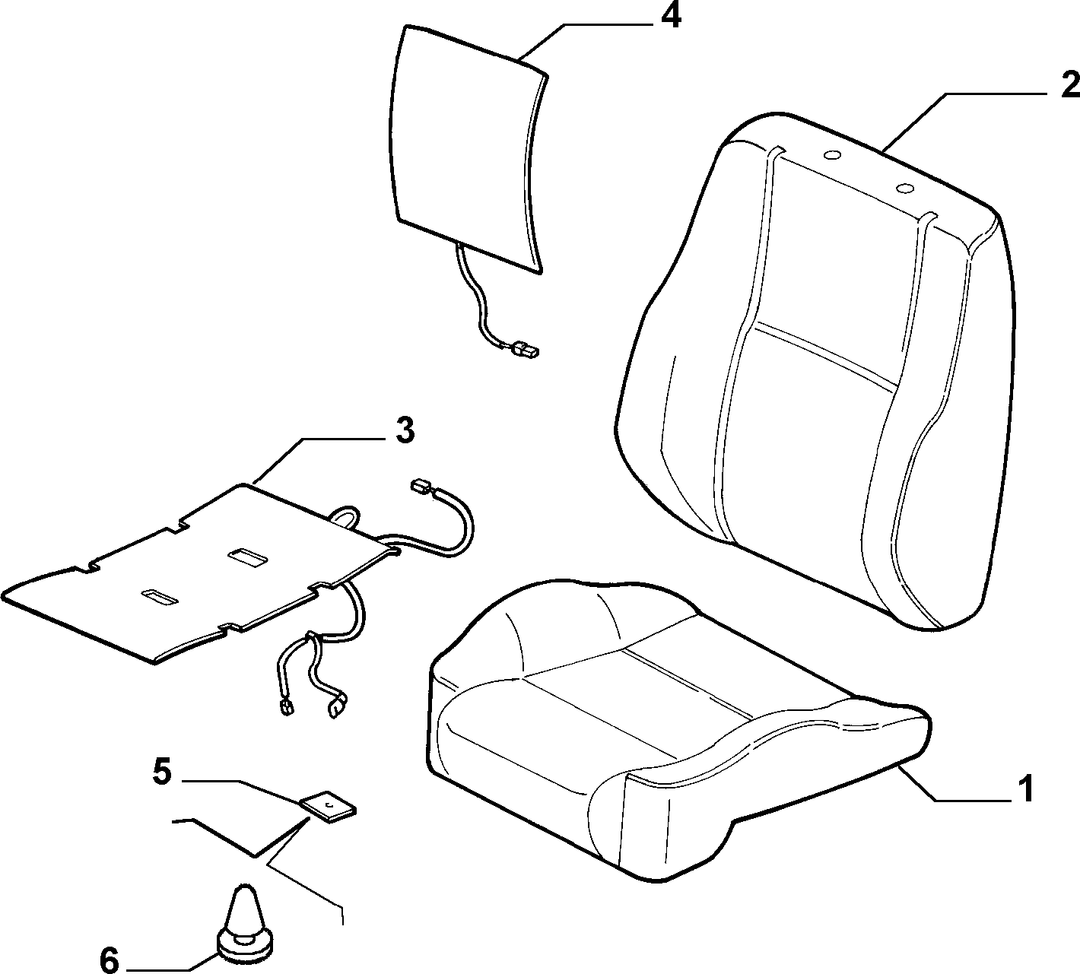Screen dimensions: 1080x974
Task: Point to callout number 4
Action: click(670, 17)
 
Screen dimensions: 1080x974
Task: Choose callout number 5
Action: click(161, 772)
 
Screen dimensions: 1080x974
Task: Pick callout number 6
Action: click(110, 960)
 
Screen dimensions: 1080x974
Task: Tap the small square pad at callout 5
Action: click(328, 806)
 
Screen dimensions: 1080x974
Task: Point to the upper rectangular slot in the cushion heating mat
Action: click(248, 557)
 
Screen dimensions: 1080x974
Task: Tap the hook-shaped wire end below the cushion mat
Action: click(337, 706)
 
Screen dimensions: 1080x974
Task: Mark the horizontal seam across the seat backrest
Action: click(827, 356)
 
